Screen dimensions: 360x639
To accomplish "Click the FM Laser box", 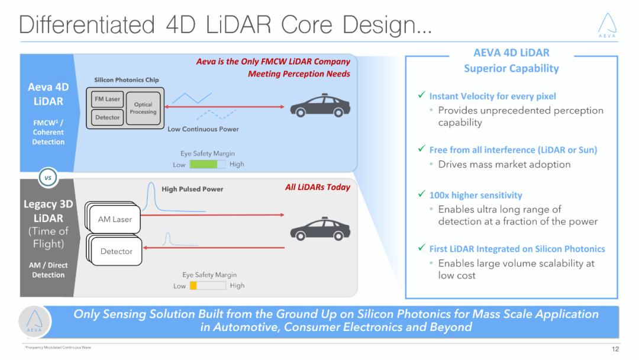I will tap(108, 99).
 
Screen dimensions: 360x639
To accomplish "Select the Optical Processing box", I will tap(143, 108).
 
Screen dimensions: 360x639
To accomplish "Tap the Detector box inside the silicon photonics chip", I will tap(108, 117).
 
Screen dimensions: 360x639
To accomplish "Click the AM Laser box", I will tap(115, 220).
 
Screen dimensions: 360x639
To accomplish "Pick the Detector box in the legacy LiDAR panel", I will tap(117, 251).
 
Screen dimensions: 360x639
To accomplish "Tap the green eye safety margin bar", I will tap(204, 164).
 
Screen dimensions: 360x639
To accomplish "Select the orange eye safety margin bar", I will tap(193, 285).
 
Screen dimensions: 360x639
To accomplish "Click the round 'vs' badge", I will tap(48, 177).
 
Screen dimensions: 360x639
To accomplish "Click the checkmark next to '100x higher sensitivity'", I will tap(421, 195).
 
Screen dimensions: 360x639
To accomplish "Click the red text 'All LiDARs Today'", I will tap(318, 188).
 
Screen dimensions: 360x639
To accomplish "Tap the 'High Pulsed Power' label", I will tap(192, 189).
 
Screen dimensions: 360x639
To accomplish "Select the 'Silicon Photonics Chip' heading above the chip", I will tap(127, 80).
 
